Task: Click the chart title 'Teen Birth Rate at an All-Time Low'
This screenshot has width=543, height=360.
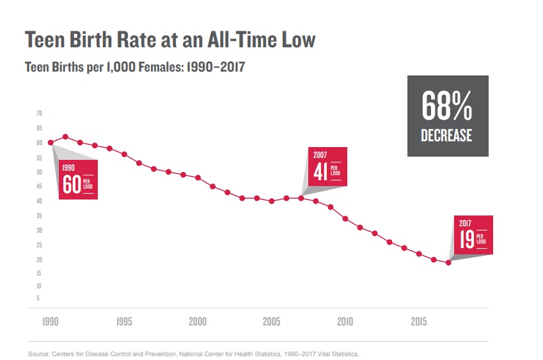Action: pyautogui.click(x=170, y=40)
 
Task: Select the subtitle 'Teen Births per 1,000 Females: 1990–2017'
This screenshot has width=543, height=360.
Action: pyautogui.click(x=134, y=67)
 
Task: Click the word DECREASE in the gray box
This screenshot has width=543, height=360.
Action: pyautogui.click(x=447, y=136)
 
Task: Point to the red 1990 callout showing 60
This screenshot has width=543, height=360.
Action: pyautogui.click(x=78, y=180)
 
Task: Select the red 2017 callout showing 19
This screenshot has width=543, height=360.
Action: pyautogui.click(x=473, y=235)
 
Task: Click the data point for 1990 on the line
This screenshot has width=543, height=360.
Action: pyautogui.click(x=51, y=142)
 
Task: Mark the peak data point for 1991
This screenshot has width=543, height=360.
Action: pyautogui.click(x=65, y=136)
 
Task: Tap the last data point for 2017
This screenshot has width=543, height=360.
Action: pyautogui.click(x=448, y=262)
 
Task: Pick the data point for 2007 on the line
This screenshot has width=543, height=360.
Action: pyautogui.click(x=301, y=198)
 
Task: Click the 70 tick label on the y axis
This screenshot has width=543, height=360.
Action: pyautogui.click(x=38, y=113)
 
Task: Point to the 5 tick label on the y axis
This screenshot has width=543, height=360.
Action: pyautogui.click(x=38, y=298)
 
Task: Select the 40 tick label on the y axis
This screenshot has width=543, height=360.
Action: pyautogui.click(x=38, y=201)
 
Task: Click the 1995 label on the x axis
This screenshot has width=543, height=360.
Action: pyautogui.click(x=124, y=322)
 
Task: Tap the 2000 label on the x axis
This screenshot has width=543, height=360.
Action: pyautogui.click(x=198, y=322)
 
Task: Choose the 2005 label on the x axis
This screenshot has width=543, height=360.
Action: pyautogui.click(x=272, y=322)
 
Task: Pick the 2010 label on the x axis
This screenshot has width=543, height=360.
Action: pyautogui.click(x=345, y=322)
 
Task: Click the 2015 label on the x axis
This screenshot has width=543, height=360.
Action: pyautogui.click(x=419, y=322)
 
